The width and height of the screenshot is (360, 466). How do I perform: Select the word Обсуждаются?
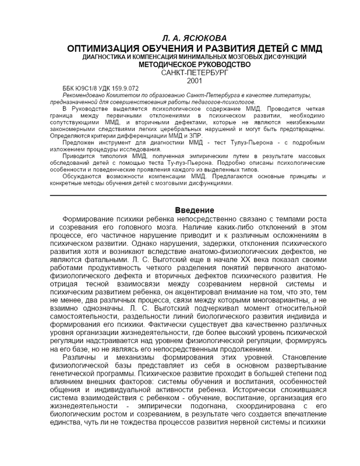82,176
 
